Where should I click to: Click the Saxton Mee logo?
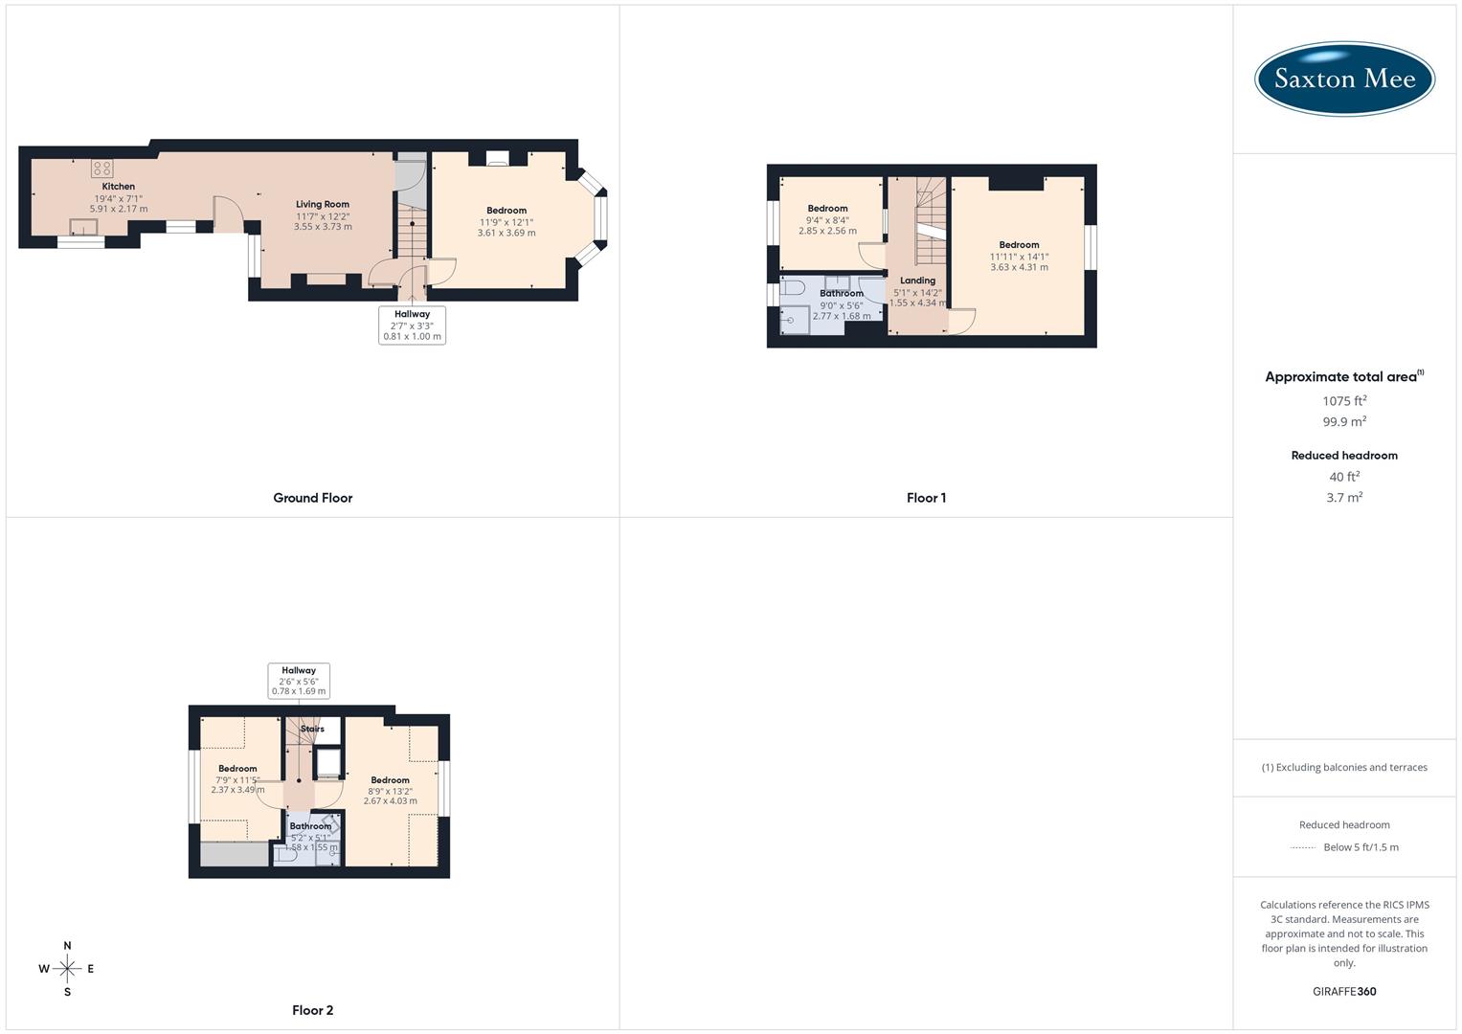[1344, 79]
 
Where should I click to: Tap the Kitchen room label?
[119, 187]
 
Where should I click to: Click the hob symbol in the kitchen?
[101, 169]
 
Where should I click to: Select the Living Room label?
[323, 204]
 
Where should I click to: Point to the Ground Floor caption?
[313, 498]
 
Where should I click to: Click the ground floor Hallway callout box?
[412, 326]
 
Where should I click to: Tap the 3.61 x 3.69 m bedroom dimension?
[506, 233]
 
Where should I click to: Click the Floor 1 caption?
[926, 498]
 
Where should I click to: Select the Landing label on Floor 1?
[917, 281]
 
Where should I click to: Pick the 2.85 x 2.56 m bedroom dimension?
[827, 231]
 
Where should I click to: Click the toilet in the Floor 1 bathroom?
[794, 287]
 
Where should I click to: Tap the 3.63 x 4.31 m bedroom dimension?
[1019, 267]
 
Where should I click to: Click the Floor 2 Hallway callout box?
[299, 681]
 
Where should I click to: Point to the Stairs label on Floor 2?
[312, 729]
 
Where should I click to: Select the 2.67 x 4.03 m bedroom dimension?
[390, 801]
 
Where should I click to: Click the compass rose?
[67, 969]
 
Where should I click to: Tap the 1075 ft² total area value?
[1344, 401]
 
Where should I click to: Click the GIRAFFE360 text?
[1344, 992]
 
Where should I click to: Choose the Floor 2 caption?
[313, 1010]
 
